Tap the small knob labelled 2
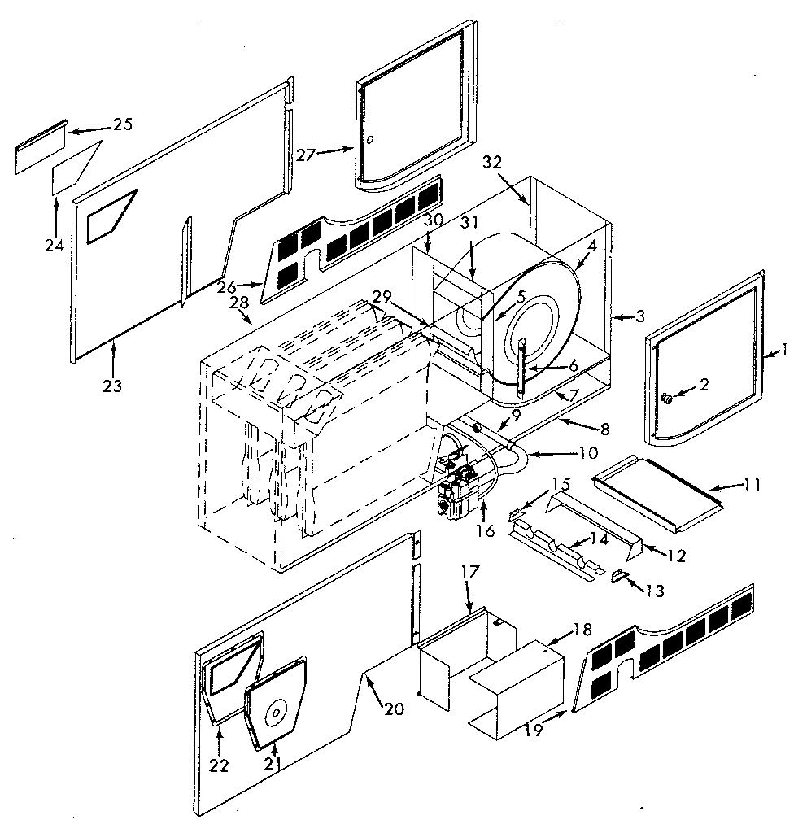(x=666, y=399)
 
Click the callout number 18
(x=582, y=630)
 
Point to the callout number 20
(x=393, y=709)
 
